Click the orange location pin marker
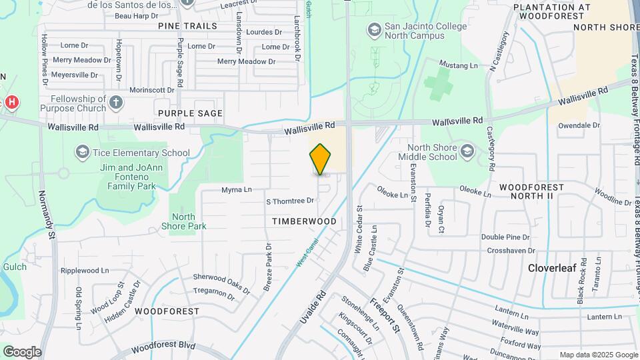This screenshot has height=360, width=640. pyautogui.click(x=320, y=159)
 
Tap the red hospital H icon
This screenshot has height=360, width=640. pyautogui.click(x=11, y=102)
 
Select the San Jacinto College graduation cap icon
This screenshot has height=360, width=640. pyautogui.click(x=374, y=29)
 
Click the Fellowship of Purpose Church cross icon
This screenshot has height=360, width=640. pyautogui.click(x=116, y=102)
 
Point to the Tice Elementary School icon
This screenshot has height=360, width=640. pyautogui.click(x=82, y=153)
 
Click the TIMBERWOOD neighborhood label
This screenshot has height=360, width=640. pyautogui.click(x=304, y=221)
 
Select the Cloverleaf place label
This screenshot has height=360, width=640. pyautogui.click(x=553, y=268)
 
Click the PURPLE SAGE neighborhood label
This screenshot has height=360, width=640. pyautogui.click(x=190, y=113)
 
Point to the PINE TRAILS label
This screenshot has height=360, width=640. pyautogui.click(x=187, y=26)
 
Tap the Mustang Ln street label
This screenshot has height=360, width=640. pyautogui.click(x=459, y=65)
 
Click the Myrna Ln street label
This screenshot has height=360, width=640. pyautogui.click(x=237, y=190)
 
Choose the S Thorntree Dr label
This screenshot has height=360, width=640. pyautogui.click(x=290, y=201)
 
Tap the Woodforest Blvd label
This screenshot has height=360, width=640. pyautogui.click(x=163, y=347)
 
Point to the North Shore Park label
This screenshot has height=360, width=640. pyautogui.click(x=183, y=221)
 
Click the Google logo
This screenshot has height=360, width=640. pyautogui.click(x=22, y=351)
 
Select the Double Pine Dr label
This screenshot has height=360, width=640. pyautogui.click(x=505, y=237)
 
